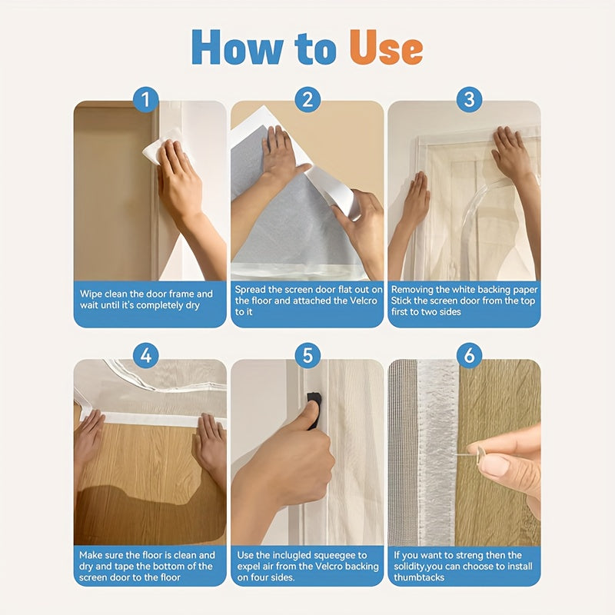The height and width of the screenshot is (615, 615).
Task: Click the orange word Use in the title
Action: (386, 48)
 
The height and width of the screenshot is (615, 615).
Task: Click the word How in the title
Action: (237, 47)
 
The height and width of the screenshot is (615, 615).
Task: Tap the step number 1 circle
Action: (146, 100)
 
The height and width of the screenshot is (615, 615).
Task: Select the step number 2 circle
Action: (307, 100)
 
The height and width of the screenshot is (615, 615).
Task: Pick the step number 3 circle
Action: (469, 100)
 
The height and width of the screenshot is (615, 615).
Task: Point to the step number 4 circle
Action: (146, 356)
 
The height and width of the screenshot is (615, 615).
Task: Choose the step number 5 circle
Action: (307, 356)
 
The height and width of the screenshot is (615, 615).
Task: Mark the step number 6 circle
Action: (469, 356)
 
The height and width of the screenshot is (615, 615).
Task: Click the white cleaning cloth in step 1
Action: (160, 147)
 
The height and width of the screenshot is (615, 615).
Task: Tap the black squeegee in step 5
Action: (314, 408)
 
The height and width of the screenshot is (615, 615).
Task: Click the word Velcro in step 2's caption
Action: (363, 301)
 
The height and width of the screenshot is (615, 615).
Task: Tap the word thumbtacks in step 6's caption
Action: (419, 577)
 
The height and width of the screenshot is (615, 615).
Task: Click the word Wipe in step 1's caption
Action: (91, 294)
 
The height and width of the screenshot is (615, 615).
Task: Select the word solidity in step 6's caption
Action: (410, 567)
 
